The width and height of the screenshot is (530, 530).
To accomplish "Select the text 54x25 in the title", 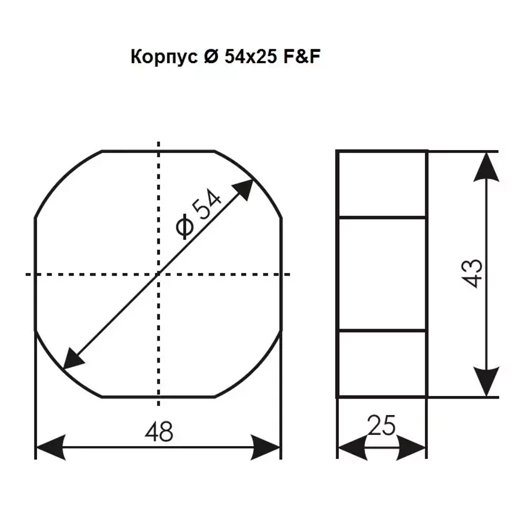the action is [x=249, y=57].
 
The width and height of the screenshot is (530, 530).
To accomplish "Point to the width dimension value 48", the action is [x=158, y=432].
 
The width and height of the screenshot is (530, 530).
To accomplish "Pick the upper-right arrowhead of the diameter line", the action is [x=244, y=189].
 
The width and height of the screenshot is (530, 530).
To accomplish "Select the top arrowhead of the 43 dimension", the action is [x=487, y=167].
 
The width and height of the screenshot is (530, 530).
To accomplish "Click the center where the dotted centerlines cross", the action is [x=158, y=274].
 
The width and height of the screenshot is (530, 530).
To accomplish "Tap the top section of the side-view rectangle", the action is [x=382, y=184].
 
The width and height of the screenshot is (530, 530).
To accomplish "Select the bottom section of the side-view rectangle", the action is [x=382, y=364].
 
